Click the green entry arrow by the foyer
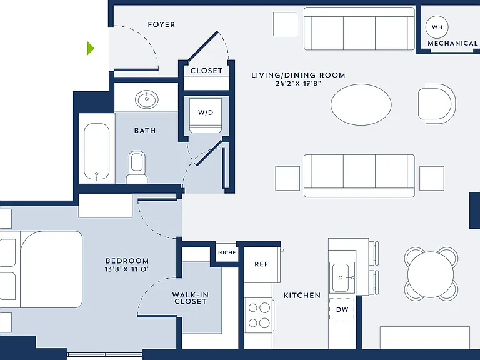pyautogui.click(x=91, y=48)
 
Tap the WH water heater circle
pyautogui.click(x=437, y=27)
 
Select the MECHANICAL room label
pyautogui.click(x=452, y=44)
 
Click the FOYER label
pyautogui.click(x=161, y=24)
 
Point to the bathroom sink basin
pyautogui.click(x=147, y=99)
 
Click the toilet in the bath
pyautogui.click(x=137, y=167)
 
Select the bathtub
pyautogui.click(x=96, y=151)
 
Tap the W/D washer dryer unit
pyautogui.click(x=206, y=116)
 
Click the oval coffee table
pyautogui.click(x=361, y=104)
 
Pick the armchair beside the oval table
pyautogui.click(x=437, y=104)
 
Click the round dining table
pyautogui.click(x=431, y=274)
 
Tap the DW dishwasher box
pyautogui.click(x=342, y=309)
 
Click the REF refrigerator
pyautogui.click(x=261, y=264)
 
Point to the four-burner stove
pyautogui.click(x=259, y=315)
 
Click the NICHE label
pyautogui.click(x=227, y=252)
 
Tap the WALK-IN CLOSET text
pyautogui.click(x=190, y=298)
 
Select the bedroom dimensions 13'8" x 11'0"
pyautogui.click(x=127, y=269)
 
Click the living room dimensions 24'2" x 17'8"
pyautogui.click(x=298, y=83)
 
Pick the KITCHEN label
pyautogui.click(x=302, y=296)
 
